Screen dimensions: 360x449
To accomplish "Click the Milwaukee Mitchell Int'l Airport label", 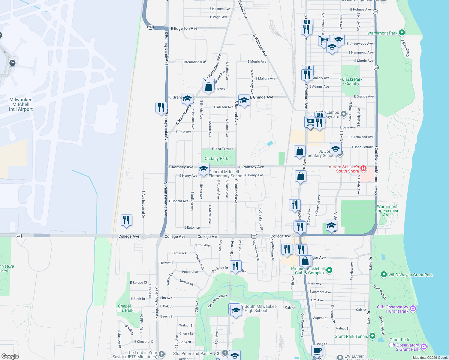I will point(21,104).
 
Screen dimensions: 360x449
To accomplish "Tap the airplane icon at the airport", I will point(12,63).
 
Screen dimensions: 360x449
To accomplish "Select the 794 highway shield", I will point(150,27).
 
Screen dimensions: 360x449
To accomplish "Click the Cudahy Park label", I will point(216,158).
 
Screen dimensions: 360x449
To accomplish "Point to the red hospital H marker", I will point(363,168).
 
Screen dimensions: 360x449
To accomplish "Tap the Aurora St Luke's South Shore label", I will point(344,169).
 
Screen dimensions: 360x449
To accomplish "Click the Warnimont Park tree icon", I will point(402,33).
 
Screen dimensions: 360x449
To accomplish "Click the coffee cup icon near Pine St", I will point(317,350).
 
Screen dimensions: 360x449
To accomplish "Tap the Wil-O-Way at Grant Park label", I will point(410,275).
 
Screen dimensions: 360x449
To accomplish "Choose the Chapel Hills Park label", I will point(124,308).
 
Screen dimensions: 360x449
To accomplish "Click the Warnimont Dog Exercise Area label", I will point(387,211).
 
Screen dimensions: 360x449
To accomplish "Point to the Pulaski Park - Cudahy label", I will point(351,81).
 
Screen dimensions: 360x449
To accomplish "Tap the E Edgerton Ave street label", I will point(184,28).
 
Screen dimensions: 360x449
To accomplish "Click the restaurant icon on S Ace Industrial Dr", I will point(126,220).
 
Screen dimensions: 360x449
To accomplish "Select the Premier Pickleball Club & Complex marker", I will point(329,270).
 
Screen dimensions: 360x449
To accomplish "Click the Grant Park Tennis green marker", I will point(372,336).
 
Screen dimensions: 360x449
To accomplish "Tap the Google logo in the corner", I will point(10,356).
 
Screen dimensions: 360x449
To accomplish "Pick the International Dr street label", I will point(194,62).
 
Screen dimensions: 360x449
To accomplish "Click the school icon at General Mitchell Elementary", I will point(203,168).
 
